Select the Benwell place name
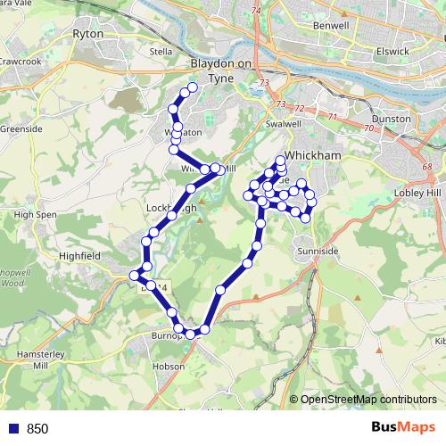tap(331, 26)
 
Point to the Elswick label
tap(392, 51)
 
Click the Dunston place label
tap(392, 119)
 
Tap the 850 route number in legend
tap(37, 429)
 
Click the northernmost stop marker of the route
tap(192, 87)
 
